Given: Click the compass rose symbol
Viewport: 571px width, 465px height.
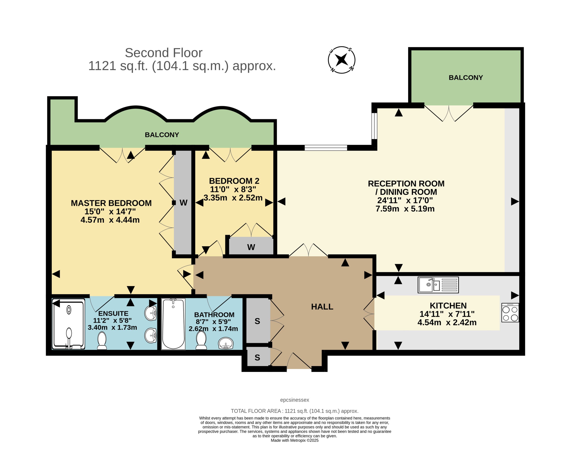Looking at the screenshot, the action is point(341,60).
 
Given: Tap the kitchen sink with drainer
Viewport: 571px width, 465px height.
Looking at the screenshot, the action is point(438,285).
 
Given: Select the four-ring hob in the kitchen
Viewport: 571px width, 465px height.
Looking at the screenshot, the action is point(510,313).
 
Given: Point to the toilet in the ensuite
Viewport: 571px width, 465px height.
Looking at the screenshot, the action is point(102,340).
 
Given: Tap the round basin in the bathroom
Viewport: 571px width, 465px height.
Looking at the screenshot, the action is point(226,343).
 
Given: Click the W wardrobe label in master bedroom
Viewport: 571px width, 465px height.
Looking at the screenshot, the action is point(183,203).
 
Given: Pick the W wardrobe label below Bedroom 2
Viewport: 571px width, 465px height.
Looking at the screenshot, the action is point(251,247).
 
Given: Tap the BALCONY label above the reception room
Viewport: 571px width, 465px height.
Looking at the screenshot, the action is point(466,78).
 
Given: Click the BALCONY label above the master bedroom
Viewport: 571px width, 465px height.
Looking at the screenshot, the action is point(162,135).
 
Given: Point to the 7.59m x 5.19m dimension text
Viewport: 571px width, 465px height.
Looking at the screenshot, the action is point(405,209).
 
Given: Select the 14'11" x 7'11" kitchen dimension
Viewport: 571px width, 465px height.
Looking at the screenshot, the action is point(447,314).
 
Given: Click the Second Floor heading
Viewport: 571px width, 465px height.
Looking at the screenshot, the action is point(163,53).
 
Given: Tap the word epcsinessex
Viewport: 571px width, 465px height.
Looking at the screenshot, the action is point(295,400).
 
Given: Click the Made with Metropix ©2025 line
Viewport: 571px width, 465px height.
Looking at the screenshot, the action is point(295,440).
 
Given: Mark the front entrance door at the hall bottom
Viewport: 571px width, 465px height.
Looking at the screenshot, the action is point(299,361).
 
